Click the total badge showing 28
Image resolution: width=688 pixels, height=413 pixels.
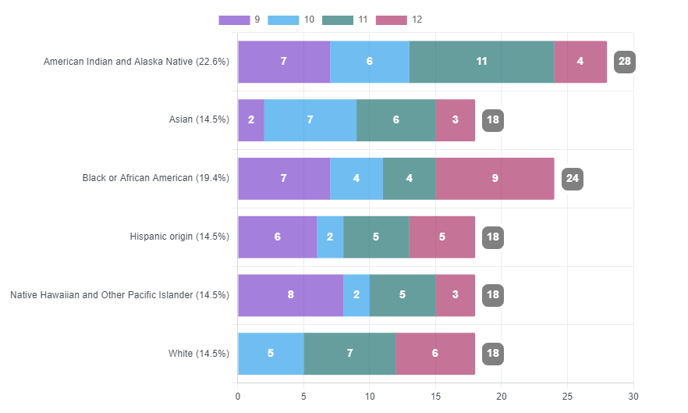(624, 62)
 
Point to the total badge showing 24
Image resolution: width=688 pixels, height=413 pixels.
(572, 179)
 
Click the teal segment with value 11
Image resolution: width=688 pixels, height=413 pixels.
(481, 62)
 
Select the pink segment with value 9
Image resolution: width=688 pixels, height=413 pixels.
(495, 179)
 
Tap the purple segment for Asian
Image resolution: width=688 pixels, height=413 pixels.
(251, 120)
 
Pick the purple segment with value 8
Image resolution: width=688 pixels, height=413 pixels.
(290, 295)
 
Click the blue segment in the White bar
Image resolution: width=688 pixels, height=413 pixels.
(271, 354)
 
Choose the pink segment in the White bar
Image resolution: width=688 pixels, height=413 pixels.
(434, 354)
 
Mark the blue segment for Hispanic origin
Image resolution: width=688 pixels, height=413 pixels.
(330, 237)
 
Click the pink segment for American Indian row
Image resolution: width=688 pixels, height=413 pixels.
(580, 62)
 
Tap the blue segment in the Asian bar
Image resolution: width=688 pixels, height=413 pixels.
(310, 120)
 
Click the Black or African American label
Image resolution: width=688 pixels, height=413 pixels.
(155, 178)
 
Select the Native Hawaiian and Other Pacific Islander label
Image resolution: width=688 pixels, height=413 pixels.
(119, 295)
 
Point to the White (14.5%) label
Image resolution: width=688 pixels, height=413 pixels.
(198, 354)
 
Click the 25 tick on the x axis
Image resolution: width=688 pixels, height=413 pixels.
(567, 397)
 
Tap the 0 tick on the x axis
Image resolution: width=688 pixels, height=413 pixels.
(238, 397)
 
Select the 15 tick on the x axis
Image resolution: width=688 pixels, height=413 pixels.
(435, 397)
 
